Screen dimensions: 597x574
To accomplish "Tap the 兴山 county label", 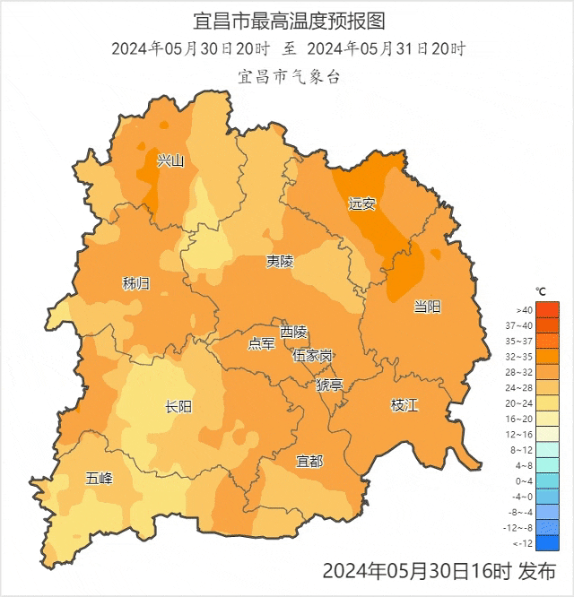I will pos(170,161).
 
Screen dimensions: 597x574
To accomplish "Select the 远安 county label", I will pos(362,204).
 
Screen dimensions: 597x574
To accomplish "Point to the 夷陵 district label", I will pos(279,262).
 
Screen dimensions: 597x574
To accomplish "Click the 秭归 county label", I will pos(136,284).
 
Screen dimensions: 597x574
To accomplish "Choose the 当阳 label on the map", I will pos(427,307).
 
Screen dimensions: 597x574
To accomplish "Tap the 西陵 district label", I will pos(293,332).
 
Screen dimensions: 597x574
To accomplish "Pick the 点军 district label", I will pos(261,344).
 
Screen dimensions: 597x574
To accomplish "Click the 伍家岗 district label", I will pos(312,355).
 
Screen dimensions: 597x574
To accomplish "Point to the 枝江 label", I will pos(404,405).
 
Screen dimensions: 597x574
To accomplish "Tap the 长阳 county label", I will pos(178,407).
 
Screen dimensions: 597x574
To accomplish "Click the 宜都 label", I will pos(309,461).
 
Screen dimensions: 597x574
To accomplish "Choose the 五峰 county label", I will pos(100,478).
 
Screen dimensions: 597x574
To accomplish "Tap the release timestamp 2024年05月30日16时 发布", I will pos(439,571).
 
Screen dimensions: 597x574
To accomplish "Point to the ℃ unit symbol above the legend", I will pos(541,292).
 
